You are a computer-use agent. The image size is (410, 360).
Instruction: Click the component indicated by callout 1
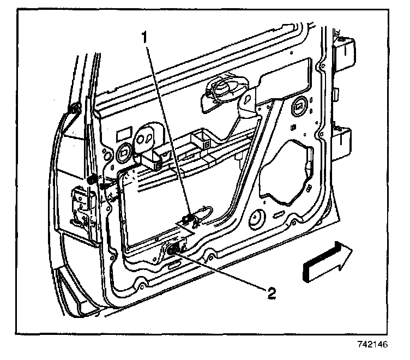click(191, 219)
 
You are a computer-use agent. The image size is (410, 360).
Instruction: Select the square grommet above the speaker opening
click(300, 105)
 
